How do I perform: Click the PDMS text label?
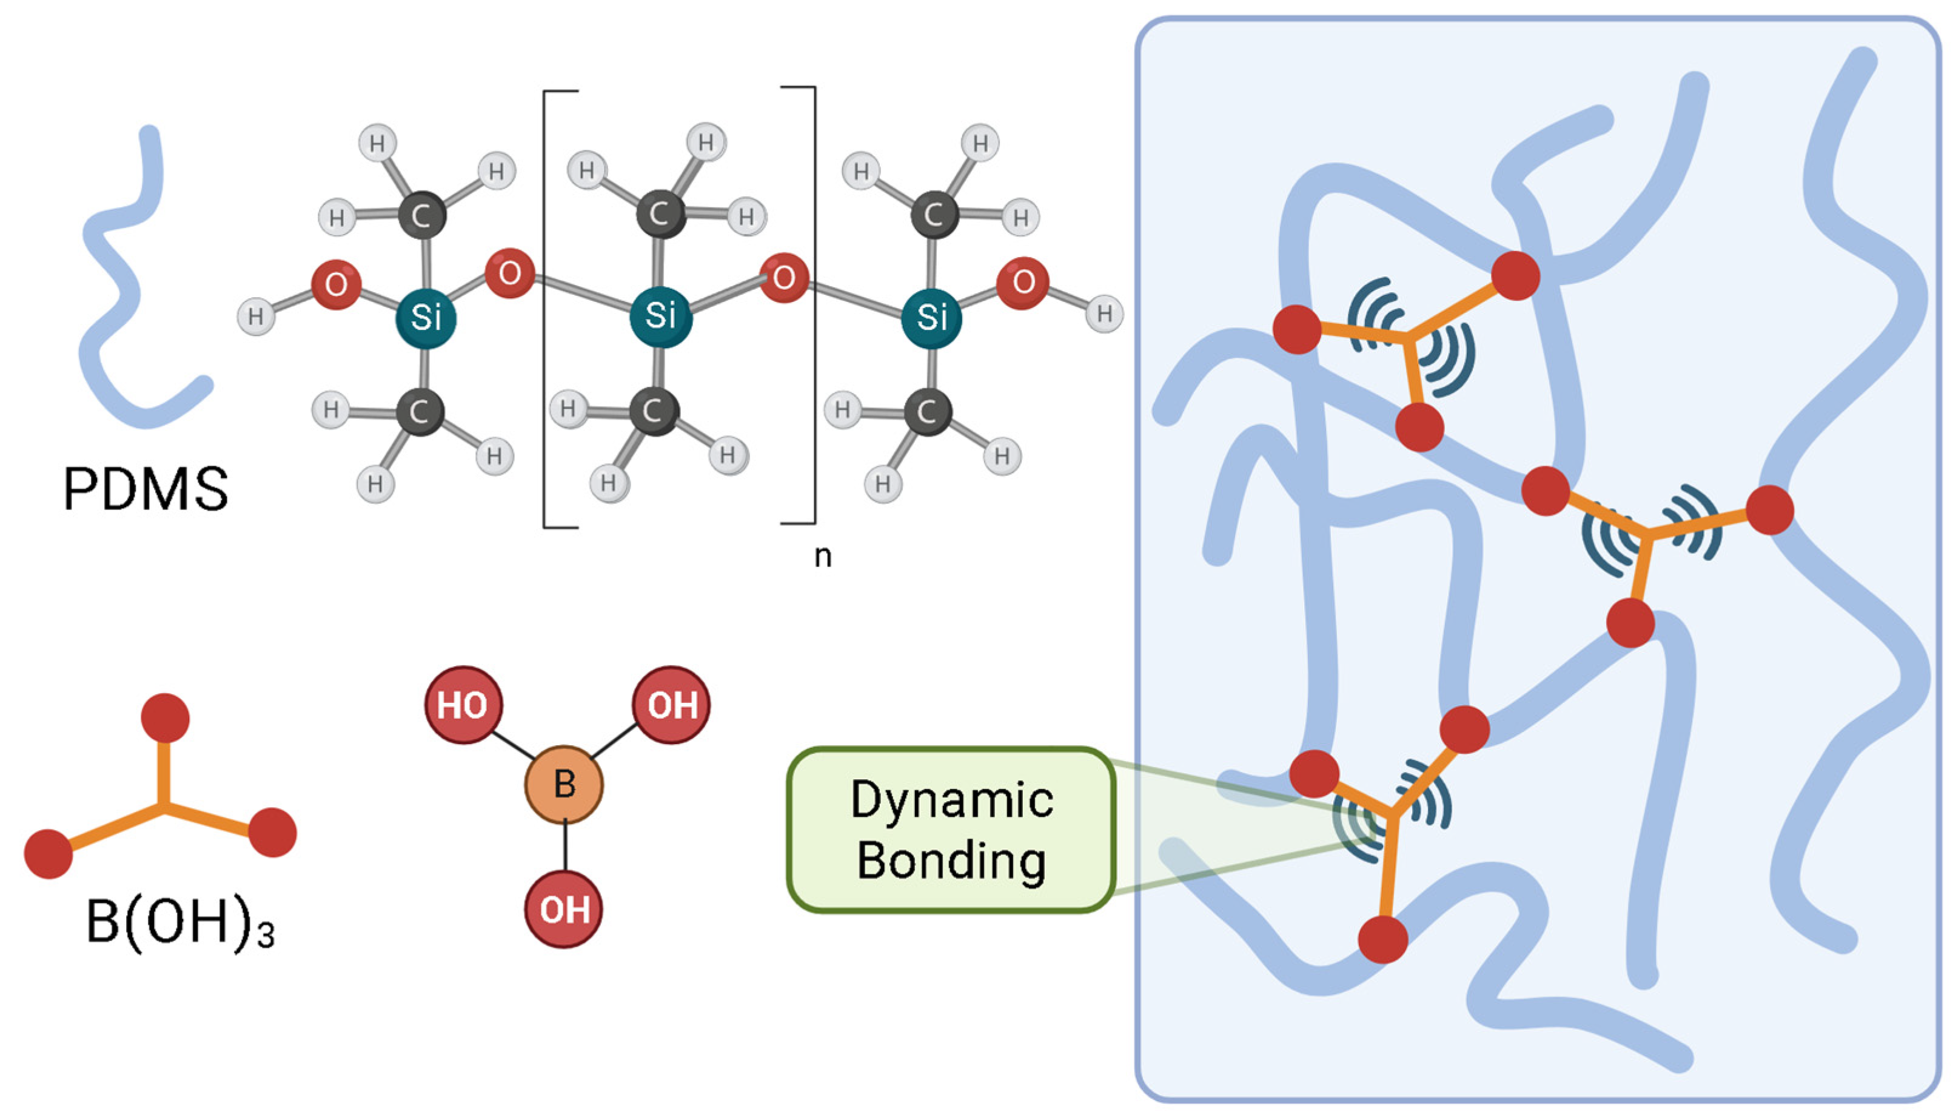(x=146, y=489)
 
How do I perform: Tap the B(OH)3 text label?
(x=179, y=923)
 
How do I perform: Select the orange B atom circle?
(x=564, y=784)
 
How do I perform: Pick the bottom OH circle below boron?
(x=564, y=909)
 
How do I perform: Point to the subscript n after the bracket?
(x=822, y=557)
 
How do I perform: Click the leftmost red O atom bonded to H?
(x=336, y=284)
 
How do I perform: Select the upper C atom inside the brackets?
(x=660, y=213)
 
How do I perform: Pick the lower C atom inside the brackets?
(x=654, y=411)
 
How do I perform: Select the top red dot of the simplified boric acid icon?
(x=165, y=718)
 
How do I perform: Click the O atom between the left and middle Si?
(x=509, y=273)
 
